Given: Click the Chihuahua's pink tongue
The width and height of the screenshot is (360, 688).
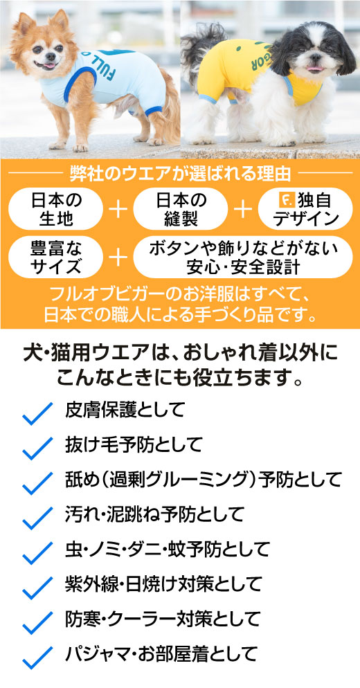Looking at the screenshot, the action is tap(49, 66).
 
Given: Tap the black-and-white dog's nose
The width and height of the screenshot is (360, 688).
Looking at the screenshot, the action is tap(314, 57).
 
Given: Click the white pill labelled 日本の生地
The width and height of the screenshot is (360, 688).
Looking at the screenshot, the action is tap(56, 209).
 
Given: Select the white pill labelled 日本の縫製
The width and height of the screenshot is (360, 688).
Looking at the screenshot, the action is tap(181, 209).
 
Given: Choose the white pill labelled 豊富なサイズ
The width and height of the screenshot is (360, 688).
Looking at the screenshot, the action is tap(56, 257).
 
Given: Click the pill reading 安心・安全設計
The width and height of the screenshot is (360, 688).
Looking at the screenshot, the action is tap(243, 257).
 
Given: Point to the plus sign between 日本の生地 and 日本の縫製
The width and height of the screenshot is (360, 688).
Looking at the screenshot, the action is tap(118, 210).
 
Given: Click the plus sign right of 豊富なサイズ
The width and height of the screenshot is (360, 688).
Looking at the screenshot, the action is tap(118, 257).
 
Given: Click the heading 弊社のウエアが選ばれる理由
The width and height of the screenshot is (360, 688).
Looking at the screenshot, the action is tap(180, 174).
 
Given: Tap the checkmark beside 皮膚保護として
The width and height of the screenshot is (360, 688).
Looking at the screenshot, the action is tap(37, 413).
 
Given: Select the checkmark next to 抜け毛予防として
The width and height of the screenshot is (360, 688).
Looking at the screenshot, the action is tap(37, 448).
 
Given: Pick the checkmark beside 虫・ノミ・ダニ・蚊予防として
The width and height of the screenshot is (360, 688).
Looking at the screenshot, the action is tap(37, 552).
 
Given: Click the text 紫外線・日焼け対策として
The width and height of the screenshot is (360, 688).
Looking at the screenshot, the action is tap(163, 584).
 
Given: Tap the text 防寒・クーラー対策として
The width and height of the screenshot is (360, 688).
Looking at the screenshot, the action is tap(163, 619).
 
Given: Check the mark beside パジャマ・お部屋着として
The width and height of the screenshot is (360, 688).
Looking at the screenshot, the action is tap(37, 658).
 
